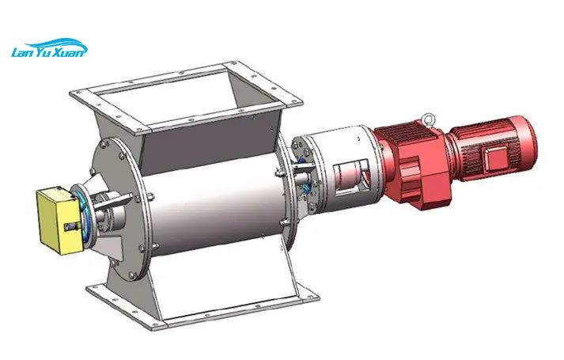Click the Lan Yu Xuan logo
(49, 47)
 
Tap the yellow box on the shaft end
(58, 219)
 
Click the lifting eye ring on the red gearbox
(428, 119)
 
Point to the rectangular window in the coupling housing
(350, 178)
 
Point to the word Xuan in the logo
(72, 52)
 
